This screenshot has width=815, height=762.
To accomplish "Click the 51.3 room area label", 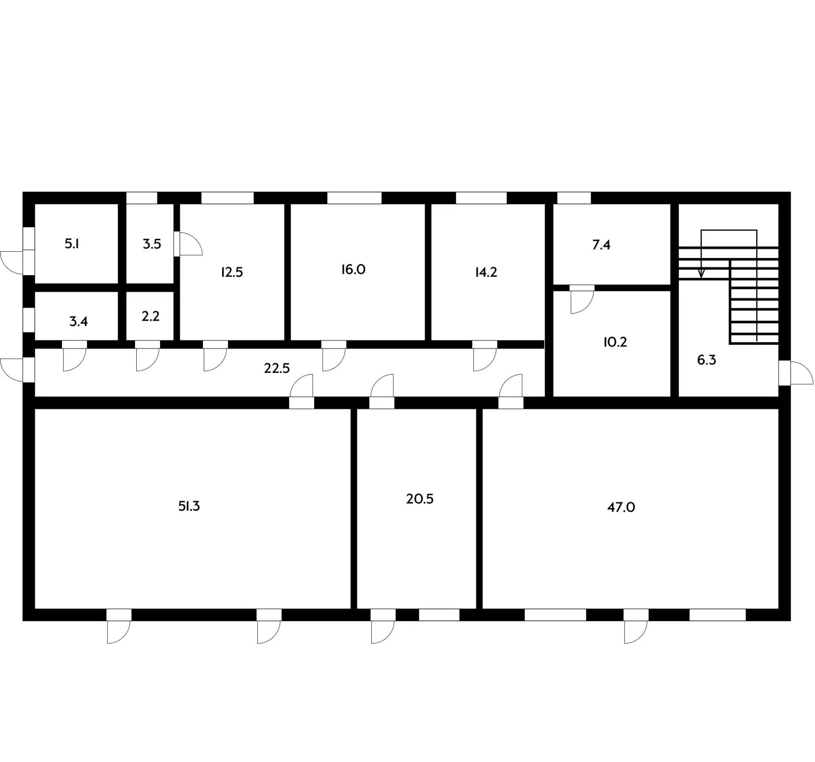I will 189,506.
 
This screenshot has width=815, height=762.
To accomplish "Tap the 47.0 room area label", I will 621,507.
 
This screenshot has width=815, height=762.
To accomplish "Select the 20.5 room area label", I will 419,499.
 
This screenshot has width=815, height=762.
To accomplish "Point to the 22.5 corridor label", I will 277,368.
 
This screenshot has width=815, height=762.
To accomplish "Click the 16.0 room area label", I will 353,270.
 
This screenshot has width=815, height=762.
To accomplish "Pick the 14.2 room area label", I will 486,272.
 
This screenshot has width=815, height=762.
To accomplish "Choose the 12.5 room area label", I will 232,272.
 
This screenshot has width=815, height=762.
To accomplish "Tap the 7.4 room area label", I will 601,245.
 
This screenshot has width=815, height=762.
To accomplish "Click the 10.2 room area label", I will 615,342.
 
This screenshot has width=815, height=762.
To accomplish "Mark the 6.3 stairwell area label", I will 706,360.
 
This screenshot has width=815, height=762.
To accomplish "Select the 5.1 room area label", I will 72,244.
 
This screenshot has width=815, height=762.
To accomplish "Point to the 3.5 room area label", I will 152,244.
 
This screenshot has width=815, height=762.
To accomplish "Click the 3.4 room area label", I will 79,321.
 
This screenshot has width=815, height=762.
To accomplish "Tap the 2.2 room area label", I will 150,316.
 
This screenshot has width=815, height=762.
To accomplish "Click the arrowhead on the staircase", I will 701,274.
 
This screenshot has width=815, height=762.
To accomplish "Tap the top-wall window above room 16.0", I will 354,198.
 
